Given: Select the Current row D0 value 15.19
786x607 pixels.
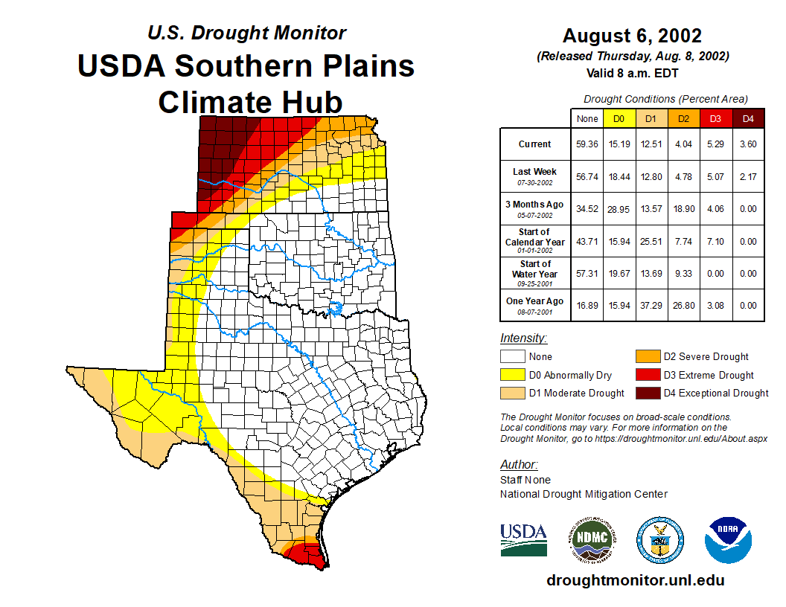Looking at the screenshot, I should pyautogui.click(x=619, y=144).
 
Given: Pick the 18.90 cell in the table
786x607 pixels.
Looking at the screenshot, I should pyautogui.click(x=684, y=209).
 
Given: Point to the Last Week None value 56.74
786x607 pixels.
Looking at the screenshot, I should pyautogui.click(x=587, y=177).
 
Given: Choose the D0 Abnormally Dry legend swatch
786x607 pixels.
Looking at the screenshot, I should pyautogui.click(x=513, y=375).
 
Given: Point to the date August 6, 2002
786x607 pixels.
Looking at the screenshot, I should pyautogui.click(x=632, y=36).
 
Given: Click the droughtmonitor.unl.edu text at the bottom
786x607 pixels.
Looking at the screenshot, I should pyautogui.click(x=635, y=580).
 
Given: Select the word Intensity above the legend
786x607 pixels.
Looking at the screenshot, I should pyautogui.click(x=523, y=338).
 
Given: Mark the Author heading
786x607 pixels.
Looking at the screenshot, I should pyautogui.click(x=518, y=465).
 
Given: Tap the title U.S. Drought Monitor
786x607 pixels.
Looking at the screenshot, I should pyautogui.click(x=246, y=33).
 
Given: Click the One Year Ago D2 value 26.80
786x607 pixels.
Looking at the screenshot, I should pyautogui.click(x=684, y=305).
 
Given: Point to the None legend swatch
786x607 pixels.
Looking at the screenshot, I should pyautogui.click(x=513, y=357).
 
